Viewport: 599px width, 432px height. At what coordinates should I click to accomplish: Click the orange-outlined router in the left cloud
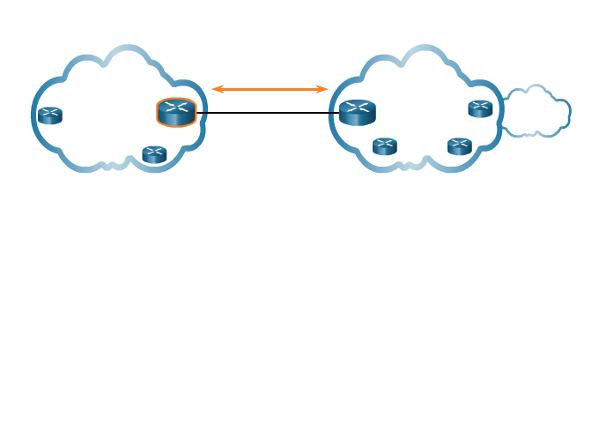point(176,113)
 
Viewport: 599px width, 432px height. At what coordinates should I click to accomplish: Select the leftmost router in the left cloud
point(50,115)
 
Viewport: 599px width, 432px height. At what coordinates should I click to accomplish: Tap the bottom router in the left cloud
point(154,154)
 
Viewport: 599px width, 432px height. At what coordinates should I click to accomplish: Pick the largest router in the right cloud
point(358,113)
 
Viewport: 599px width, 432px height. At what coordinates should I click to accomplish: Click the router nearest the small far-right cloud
point(480,108)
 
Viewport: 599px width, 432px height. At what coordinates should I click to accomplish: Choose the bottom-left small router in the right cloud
point(385,146)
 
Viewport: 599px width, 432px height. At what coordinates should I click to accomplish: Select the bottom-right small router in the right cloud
point(460,146)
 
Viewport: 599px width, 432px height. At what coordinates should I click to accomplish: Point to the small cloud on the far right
point(536,112)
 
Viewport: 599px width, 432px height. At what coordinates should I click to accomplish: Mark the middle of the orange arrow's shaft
point(270,89)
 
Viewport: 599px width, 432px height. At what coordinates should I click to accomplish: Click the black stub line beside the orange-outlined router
point(203,113)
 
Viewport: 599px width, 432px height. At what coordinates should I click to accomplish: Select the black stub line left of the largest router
point(333,113)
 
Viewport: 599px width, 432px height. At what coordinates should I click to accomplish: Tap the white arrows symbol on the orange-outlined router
point(176,108)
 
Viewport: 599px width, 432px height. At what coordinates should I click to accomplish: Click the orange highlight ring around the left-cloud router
point(159,113)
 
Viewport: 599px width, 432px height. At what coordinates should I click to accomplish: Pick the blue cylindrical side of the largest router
point(358,120)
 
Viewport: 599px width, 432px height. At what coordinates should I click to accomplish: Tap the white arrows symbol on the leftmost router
point(50,112)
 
